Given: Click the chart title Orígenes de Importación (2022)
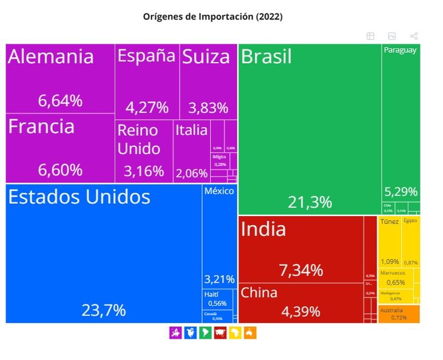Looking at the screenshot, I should [x=212, y=16].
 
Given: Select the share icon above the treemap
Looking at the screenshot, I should [x=414, y=36].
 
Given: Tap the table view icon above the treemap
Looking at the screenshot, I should [x=370, y=36].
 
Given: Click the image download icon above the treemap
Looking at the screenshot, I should [x=392, y=36].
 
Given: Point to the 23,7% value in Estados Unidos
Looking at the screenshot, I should [x=104, y=310].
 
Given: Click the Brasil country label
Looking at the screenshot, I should [x=266, y=57].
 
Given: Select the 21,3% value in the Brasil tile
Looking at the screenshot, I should [x=309, y=202].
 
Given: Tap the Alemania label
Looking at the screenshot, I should [x=51, y=57].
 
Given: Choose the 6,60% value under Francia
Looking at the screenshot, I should [x=60, y=170].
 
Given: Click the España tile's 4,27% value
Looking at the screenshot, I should [x=147, y=108].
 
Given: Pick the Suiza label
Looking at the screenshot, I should [x=206, y=57].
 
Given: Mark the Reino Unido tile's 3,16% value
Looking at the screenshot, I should [x=144, y=171].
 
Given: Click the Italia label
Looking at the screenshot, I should [x=191, y=130].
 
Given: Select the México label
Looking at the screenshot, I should [x=219, y=191].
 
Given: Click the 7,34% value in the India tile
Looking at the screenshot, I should [x=301, y=270].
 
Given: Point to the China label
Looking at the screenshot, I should [x=259, y=293].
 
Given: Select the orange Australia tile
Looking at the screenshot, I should [x=399, y=314].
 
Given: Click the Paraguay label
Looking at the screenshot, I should [x=400, y=50].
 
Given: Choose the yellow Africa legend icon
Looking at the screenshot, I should [x=235, y=332].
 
